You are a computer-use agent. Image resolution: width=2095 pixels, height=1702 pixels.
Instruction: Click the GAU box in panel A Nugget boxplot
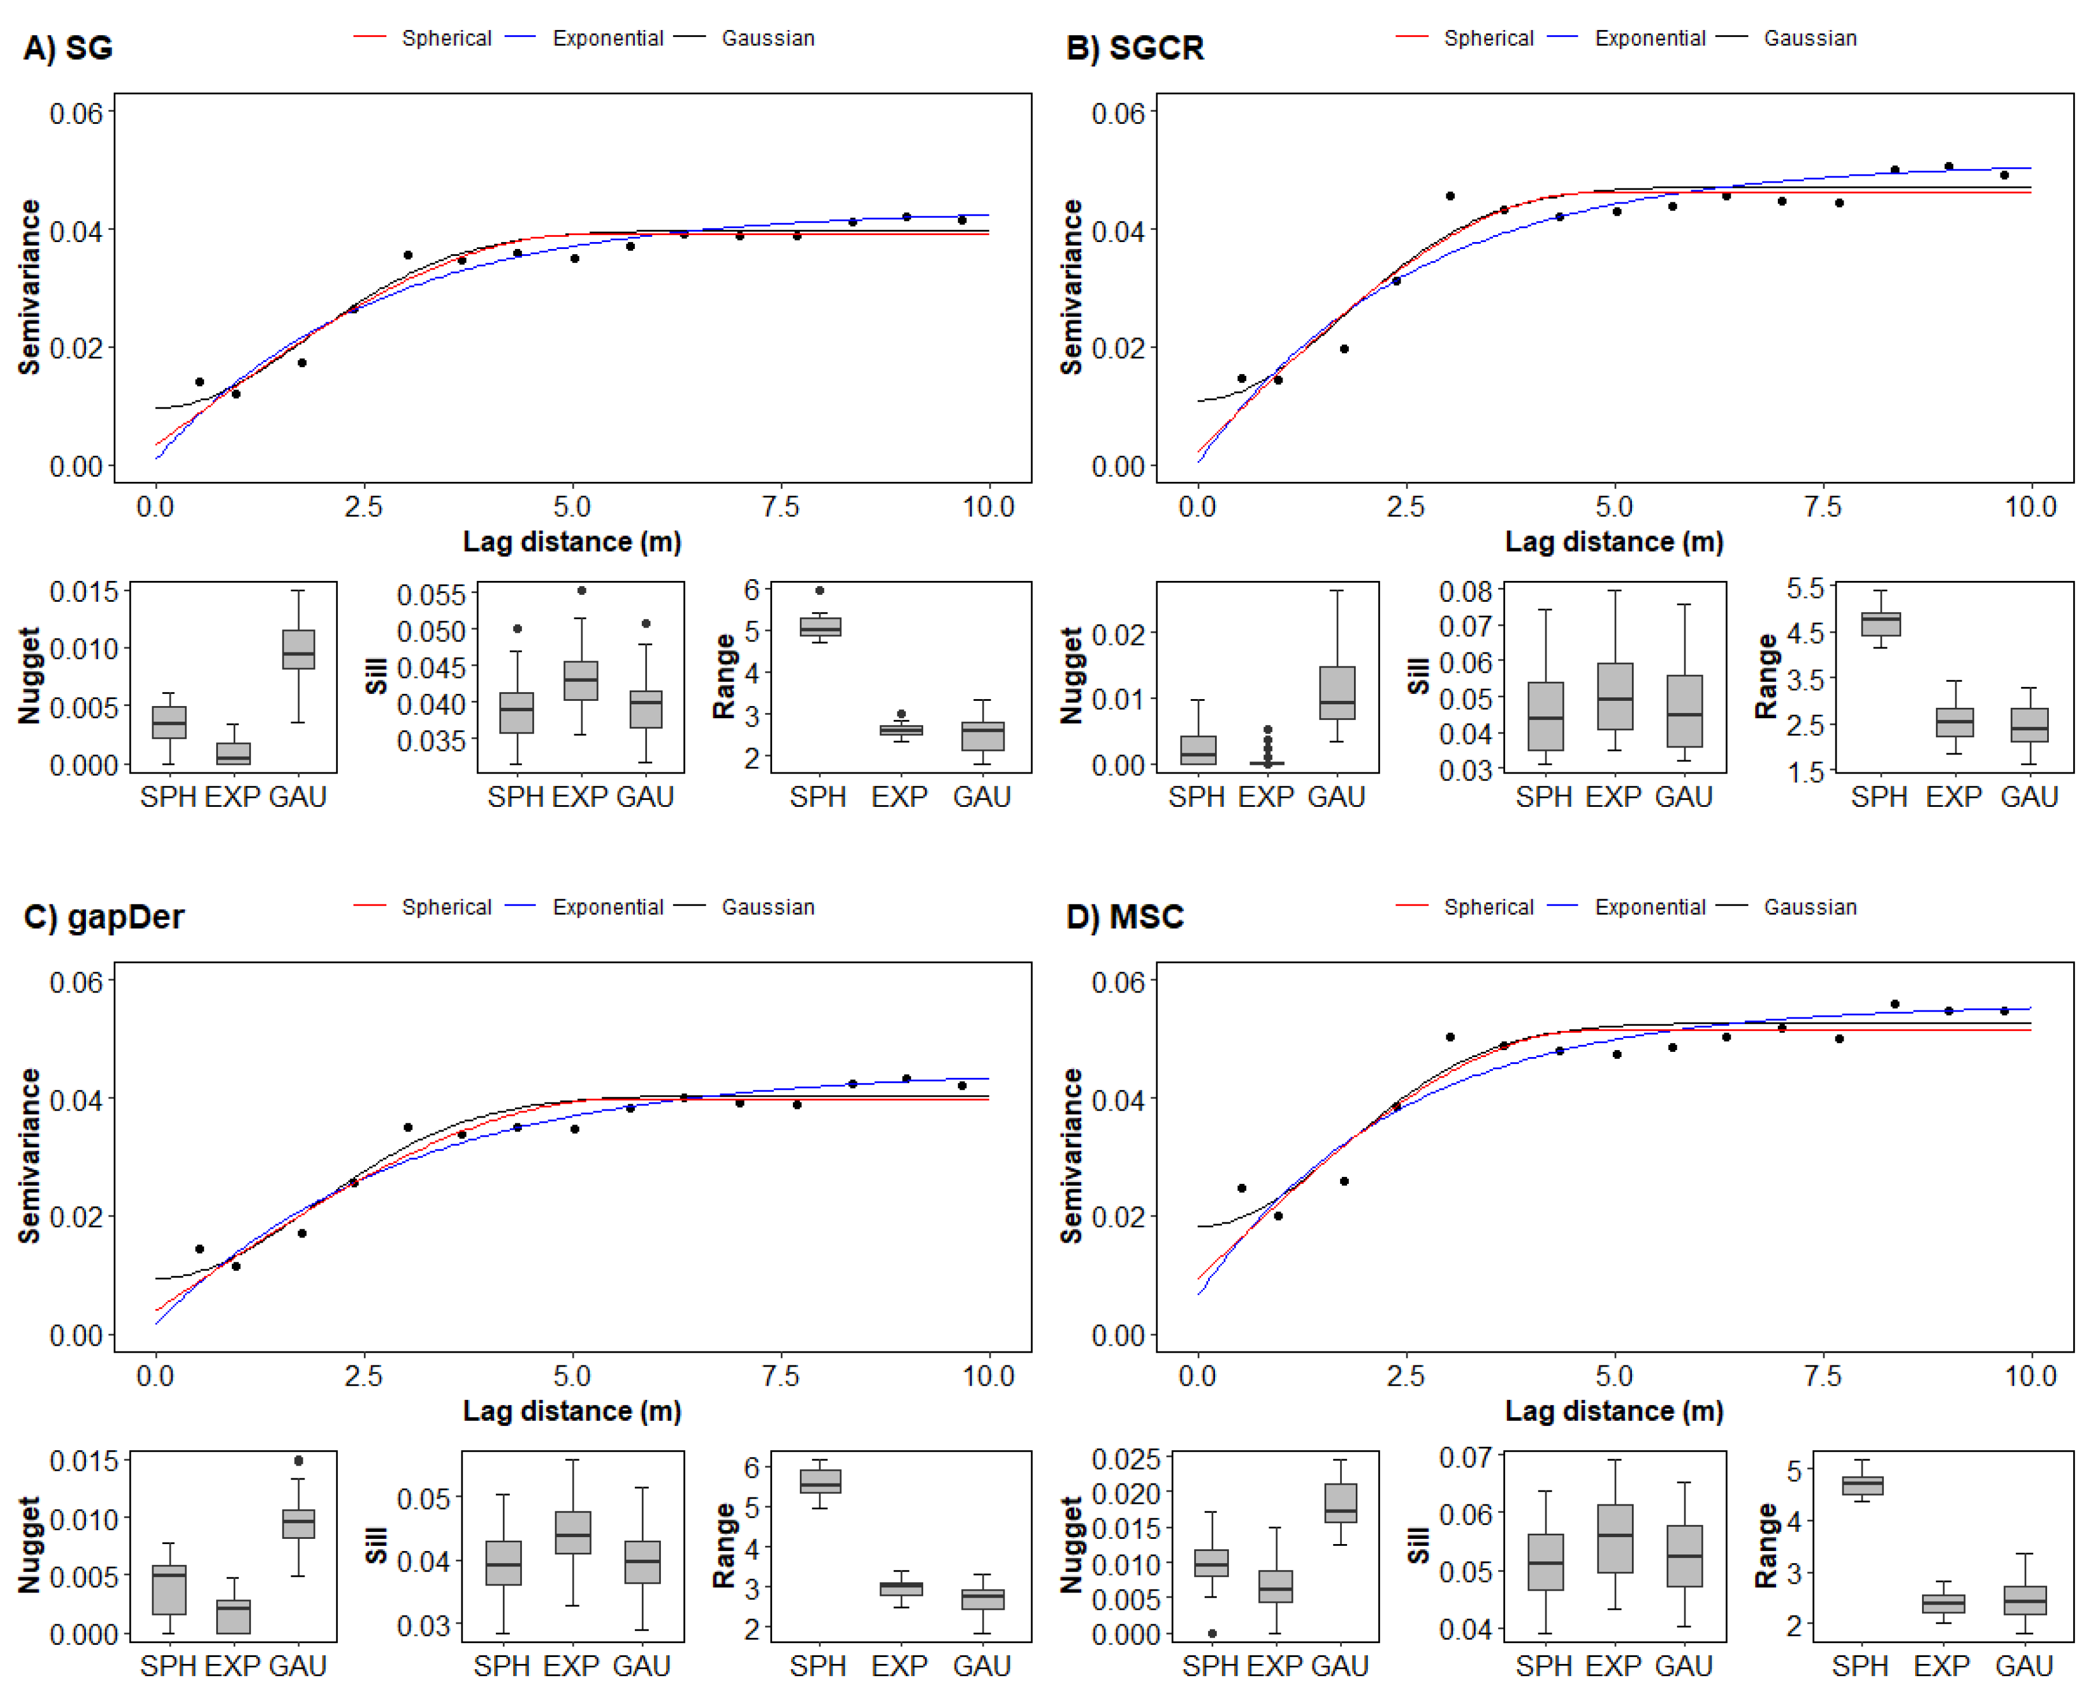pyautogui.click(x=298, y=649)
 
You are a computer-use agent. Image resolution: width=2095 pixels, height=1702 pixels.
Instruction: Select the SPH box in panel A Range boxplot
pyautogui.click(x=820, y=627)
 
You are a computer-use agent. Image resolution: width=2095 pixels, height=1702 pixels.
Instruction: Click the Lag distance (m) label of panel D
pyautogui.click(x=1613, y=1411)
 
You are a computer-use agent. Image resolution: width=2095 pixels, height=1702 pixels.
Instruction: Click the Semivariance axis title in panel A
pyautogui.click(x=29, y=286)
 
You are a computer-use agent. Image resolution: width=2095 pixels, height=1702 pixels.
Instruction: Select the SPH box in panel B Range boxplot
pyautogui.click(x=1880, y=624)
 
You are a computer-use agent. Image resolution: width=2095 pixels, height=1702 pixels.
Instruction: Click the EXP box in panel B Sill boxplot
pyautogui.click(x=1615, y=696)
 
